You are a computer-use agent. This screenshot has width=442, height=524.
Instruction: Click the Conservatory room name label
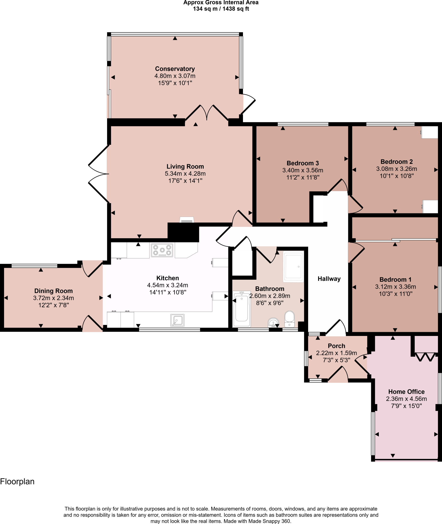[x=175, y=69]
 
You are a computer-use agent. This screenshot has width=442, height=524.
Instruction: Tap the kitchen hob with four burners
[x=162, y=250]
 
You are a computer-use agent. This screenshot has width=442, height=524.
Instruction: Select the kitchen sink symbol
[x=177, y=320]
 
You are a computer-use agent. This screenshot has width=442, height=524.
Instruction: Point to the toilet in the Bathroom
[x=289, y=319]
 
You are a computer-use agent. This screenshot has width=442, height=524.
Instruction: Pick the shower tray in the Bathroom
[x=293, y=266]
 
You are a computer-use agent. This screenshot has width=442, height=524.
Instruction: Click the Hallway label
[x=329, y=279]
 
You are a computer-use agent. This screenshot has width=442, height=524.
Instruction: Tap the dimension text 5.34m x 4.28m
[x=185, y=173]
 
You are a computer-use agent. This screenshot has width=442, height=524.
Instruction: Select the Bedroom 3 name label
[x=303, y=163]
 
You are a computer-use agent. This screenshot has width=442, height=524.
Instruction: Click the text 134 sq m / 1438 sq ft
[x=221, y=9]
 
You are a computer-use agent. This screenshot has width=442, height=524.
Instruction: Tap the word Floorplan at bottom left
[x=17, y=482]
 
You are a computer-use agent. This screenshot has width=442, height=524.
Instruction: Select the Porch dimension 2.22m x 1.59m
[x=336, y=353]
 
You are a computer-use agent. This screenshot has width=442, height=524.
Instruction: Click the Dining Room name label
[x=53, y=291]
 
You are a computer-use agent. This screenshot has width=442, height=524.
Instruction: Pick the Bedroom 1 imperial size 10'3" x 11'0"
[x=396, y=294]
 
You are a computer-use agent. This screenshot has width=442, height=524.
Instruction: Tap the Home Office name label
[x=406, y=392]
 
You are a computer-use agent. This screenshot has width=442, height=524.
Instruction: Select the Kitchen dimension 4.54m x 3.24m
[x=167, y=285]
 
